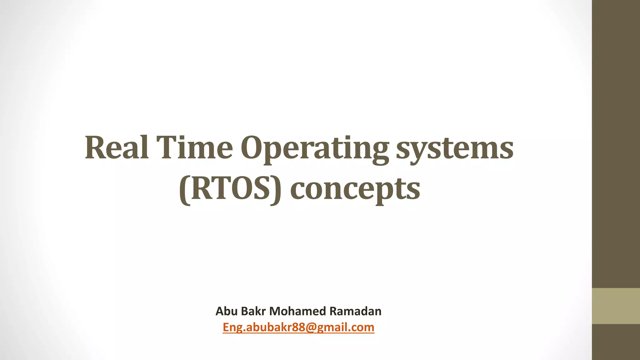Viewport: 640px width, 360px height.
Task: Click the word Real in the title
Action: pyautogui.click(x=117, y=147)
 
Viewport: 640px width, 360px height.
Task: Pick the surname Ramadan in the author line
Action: pyautogui.click(x=356, y=311)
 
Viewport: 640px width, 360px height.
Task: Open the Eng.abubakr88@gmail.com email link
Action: pyautogui.click(x=298, y=327)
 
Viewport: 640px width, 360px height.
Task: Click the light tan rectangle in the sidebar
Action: pyautogui.click(x=616, y=306)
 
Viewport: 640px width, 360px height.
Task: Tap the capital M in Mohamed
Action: pyautogui.click(x=275, y=311)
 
